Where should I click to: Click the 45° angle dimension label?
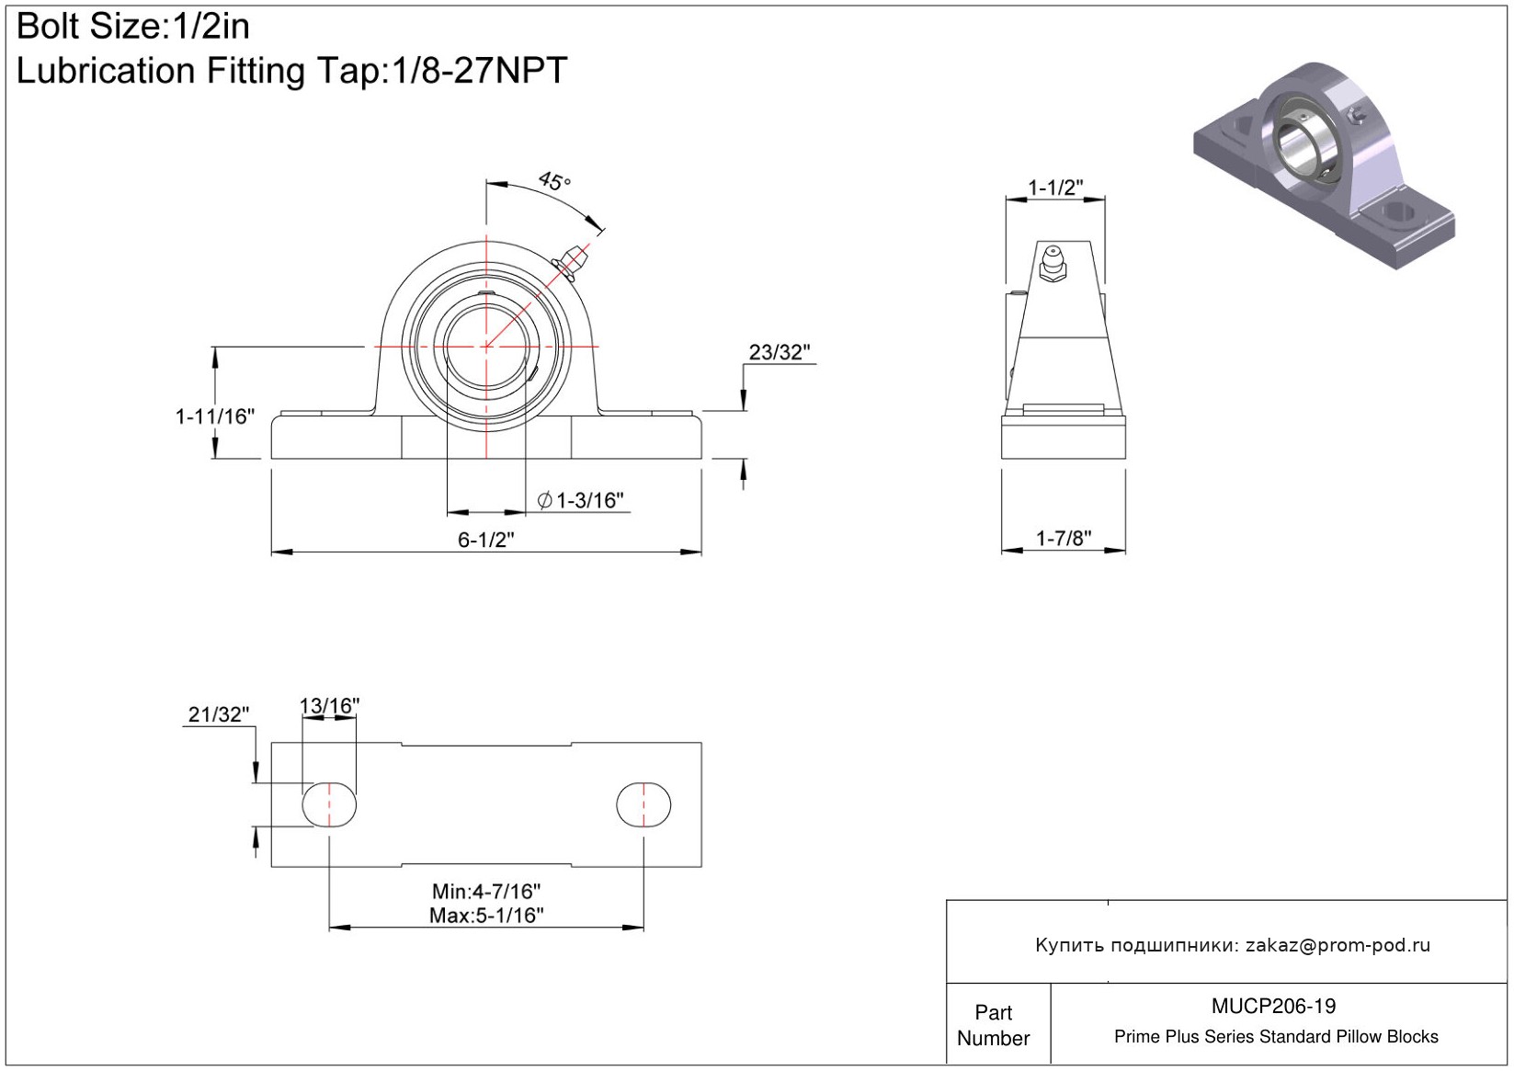[x=554, y=180]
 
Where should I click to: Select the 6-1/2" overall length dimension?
[x=486, y=540]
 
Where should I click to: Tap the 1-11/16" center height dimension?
[x=215, y=416]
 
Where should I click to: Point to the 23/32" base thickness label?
[x=780, y=351]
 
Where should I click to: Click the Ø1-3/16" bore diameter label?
[x=580, y=500]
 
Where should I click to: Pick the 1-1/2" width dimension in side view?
[x=1055, y=188]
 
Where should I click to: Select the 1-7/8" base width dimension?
[x=1064, y=538]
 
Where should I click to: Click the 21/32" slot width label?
[x=218, y=714]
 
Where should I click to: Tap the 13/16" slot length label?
[x=329, y=705]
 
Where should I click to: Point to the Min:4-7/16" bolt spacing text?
[x=486, y=891]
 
